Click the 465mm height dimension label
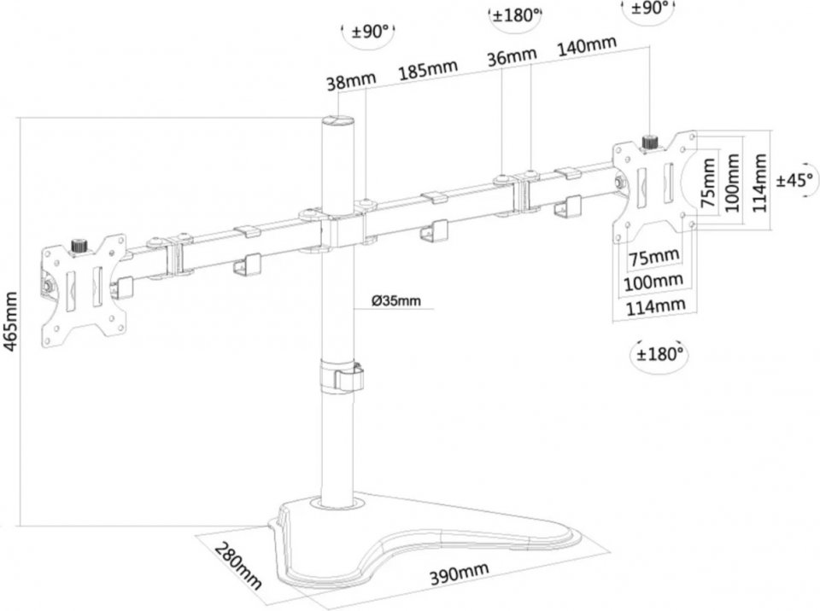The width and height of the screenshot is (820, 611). [x=10, y=322]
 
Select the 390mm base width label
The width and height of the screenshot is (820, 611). [x=460, y=574]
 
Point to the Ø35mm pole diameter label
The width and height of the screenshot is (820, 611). [x=395, y=300]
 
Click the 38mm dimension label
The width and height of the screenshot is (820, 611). [x=351, y=81]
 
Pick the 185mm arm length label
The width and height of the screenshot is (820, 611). [x=428, y=69]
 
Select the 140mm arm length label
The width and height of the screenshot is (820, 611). [x=587, y=45]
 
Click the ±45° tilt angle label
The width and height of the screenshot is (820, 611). [x=795, y=180]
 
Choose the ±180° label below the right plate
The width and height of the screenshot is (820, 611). [x=660, y=354]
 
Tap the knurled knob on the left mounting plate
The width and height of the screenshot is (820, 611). [x=79, y=245]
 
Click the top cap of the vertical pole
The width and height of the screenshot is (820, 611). [x=338, y=120]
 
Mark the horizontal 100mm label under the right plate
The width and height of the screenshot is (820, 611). [x=653, y=282]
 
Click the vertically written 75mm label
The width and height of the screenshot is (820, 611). [x=709, y=182]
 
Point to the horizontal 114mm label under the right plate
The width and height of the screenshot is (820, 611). [x=656, y=306]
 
